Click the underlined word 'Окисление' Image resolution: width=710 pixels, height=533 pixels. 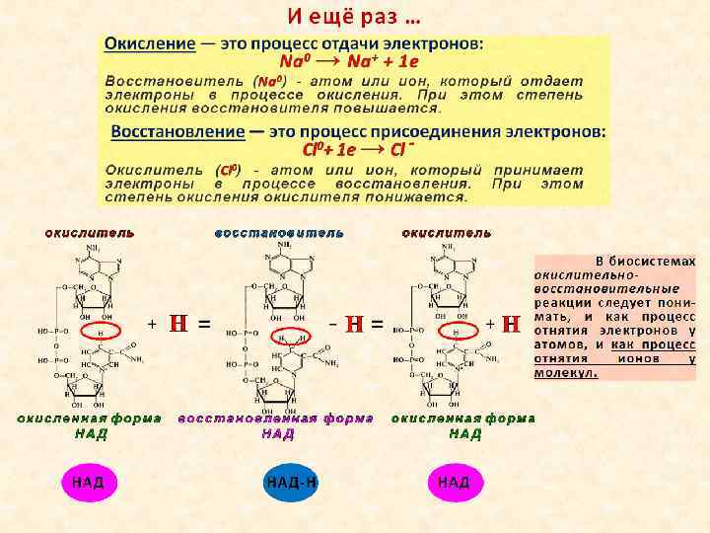click(x=148, y=45)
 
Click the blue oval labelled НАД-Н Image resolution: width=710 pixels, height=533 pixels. click(x=291, y=483)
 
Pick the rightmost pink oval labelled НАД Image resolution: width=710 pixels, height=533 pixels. click(x=454, y=483)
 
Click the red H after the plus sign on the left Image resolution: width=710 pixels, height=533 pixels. click(x=178, y=323)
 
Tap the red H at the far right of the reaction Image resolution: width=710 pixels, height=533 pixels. click(x=511, y=323)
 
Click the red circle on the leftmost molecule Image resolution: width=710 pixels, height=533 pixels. click(x=101, y=332)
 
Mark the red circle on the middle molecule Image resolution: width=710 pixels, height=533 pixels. click(x=289, y=336)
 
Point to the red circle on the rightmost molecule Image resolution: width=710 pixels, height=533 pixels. click(x=457, y=332)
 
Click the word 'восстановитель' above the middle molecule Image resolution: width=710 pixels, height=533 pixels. click(x=279, y=233)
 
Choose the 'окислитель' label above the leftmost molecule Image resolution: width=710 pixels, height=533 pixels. click(x=90, y=233)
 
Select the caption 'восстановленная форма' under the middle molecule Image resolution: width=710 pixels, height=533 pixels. click(x=275, y=419)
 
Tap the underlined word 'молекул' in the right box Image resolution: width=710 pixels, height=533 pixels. click(x=563, y=374)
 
